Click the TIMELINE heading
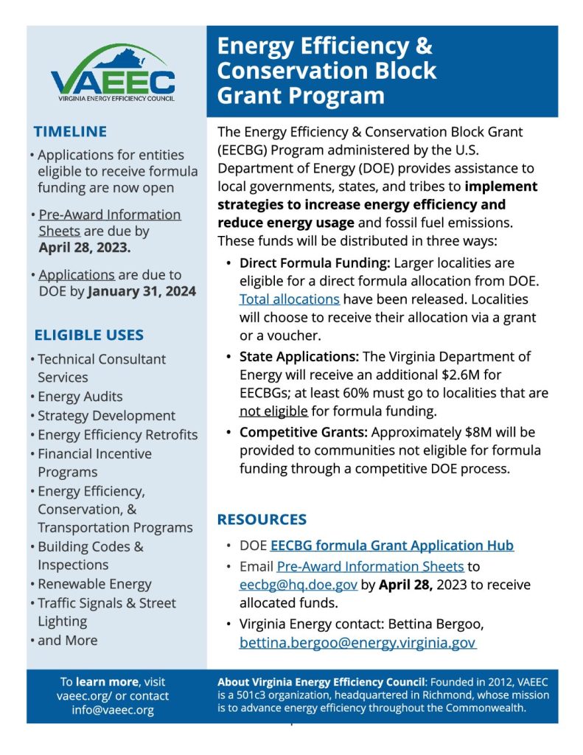click(70, 132)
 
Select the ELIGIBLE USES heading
click(89, 335)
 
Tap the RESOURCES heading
click(262, 519)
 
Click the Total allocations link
click(289, 299)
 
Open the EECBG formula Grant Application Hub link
click(391, 546)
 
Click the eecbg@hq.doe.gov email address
click(299, 585)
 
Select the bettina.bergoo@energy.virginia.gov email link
click(357, 643)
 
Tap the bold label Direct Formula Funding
click(315, 262)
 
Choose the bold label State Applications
click(299, 356)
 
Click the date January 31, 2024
click(142, 291)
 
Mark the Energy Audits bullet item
click(80, 397)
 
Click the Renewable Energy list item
click(94, 584)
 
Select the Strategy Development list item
click(106, 416)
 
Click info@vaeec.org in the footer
click(112, 710)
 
